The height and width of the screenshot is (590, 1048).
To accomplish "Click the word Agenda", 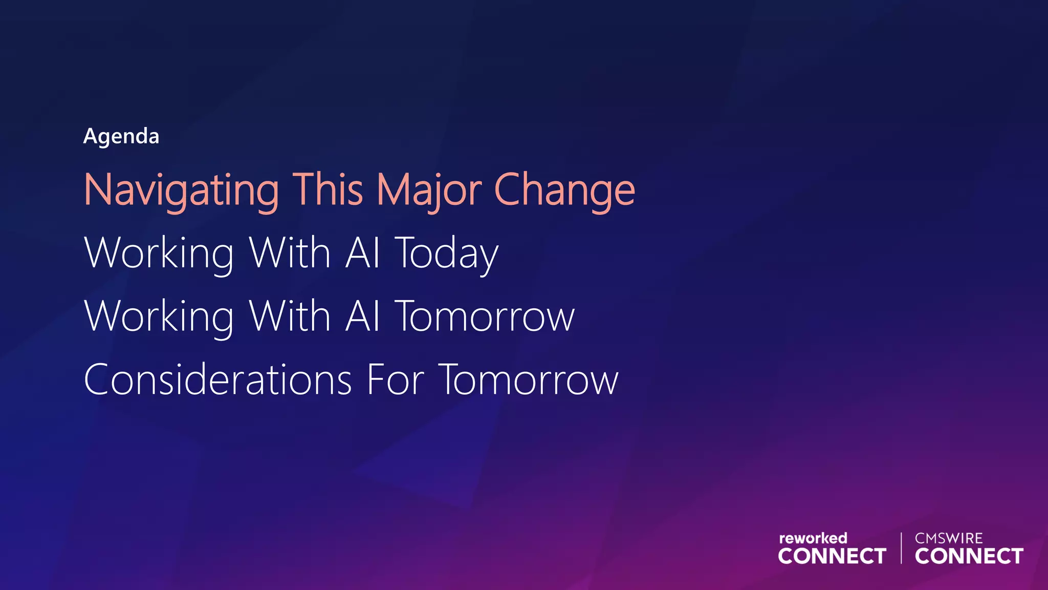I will (x=121, y=137).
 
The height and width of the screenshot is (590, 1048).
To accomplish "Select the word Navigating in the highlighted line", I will (x=181, y=191).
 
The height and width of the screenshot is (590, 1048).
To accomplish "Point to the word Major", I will (x=429, y=191).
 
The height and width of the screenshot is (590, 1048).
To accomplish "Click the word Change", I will (x=564, y=191).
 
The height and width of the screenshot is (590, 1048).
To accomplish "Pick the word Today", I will (x=446, y=254).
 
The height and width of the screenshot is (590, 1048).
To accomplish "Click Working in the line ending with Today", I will (x=159, y=254).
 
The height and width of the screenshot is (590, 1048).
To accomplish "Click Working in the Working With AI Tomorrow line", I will (x=159, y=317).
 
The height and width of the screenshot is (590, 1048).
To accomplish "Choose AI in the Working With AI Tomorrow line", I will (x=363, y=316).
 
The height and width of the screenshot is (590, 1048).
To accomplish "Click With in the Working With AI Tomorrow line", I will (x=290, y=316).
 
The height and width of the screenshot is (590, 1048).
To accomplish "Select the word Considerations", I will (x=217, y=380).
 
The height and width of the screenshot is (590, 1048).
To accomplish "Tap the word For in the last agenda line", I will (x=396, y=380).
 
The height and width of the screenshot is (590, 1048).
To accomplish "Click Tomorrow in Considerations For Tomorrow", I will (x=529, y=380).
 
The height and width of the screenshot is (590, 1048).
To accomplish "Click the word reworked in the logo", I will (x=813, y=538).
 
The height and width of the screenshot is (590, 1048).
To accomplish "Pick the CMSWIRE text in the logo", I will (x=949, y=538).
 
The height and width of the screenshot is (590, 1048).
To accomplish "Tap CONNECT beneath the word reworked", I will (x=832, y=556).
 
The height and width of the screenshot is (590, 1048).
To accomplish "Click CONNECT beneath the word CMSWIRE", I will (x=969, y=556).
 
